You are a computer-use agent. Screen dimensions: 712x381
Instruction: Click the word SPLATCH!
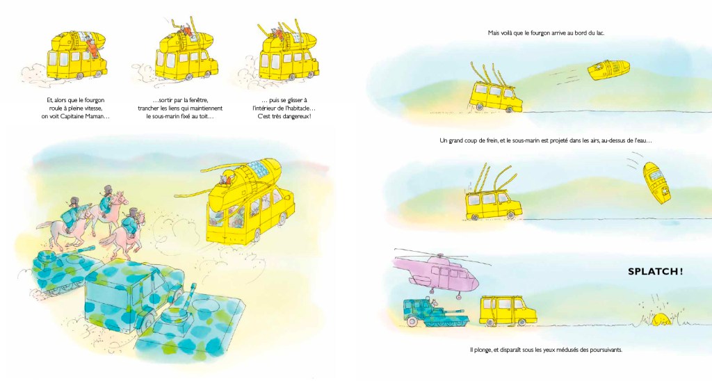655,272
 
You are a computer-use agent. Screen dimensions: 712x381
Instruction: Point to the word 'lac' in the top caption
600,33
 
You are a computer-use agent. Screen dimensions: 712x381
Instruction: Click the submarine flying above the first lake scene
608,70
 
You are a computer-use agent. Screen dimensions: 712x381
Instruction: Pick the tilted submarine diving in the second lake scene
656,183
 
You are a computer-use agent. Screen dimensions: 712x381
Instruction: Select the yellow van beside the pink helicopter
508,311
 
